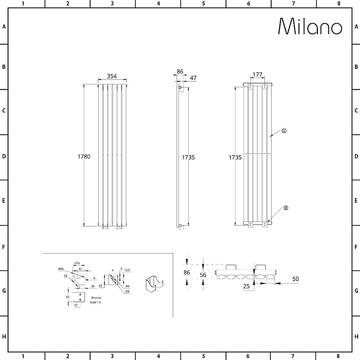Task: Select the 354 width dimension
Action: (x=112, y=76)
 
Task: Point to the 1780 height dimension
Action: (x=84, y=157)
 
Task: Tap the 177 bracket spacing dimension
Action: (x=257, y=75)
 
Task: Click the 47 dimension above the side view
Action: (x=193, y=78)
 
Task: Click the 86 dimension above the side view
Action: (x=180, y=72)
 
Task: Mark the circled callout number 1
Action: (x=284, y=131)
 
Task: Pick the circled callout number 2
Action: (x=286, y=208)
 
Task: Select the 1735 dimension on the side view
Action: (x=188, y=157)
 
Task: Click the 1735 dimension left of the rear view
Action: (x=235, y=157)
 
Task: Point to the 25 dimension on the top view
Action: (x=247, y=286)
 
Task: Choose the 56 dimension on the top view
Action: (x=203, y=275)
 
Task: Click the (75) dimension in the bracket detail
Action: (x=77, y=264)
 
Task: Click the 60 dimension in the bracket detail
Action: (x=67, y=297)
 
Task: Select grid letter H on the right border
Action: (x=356, y=337)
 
